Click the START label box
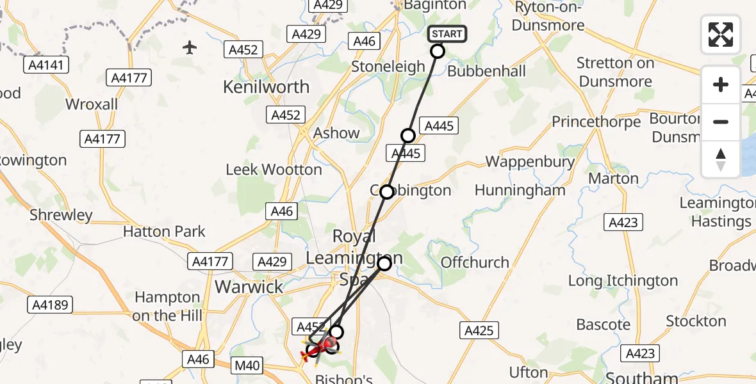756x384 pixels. [x=447, y=34]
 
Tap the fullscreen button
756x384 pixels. [x=721, y=34]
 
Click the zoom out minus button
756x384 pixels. [x=721, y=122]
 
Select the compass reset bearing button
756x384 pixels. [x=721, y=159]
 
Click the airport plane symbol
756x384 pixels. [x=189, y=47]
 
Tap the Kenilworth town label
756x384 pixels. [x=266, y=87]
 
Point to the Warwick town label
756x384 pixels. [x=249, y=287]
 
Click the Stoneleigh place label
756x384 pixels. [x=388, y=67]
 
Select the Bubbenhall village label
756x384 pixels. [x=486, y=71]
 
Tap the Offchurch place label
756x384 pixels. [x=475, y=262]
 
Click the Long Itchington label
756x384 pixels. [x=623, y=281]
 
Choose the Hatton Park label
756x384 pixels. [x=164, y=232]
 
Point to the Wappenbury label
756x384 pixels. [x=530, y=162]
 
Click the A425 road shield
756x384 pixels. [x=479, y=330]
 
